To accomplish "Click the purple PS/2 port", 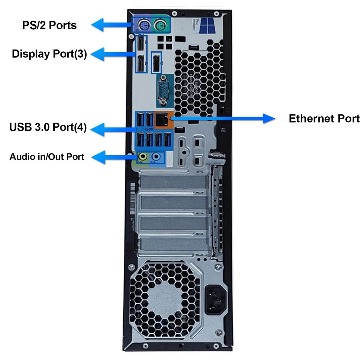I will pyautogui.click(x=142, y=25).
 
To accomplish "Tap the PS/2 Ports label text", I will pyautogui.click(x=49, y=25).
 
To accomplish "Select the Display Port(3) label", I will pyautogui.click(x=49, y=54).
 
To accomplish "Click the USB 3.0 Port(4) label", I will pyautogui.click(x=48, y=127).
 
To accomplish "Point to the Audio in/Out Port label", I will pyautogui.click(x=47, y=157).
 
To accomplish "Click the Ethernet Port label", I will pyautogui.click(x=324, y=119).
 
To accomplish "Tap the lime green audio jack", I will pyautogui.click(x=143, y=156).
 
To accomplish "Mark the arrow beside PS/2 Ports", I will pyautogui.click(x=112, y=25).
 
